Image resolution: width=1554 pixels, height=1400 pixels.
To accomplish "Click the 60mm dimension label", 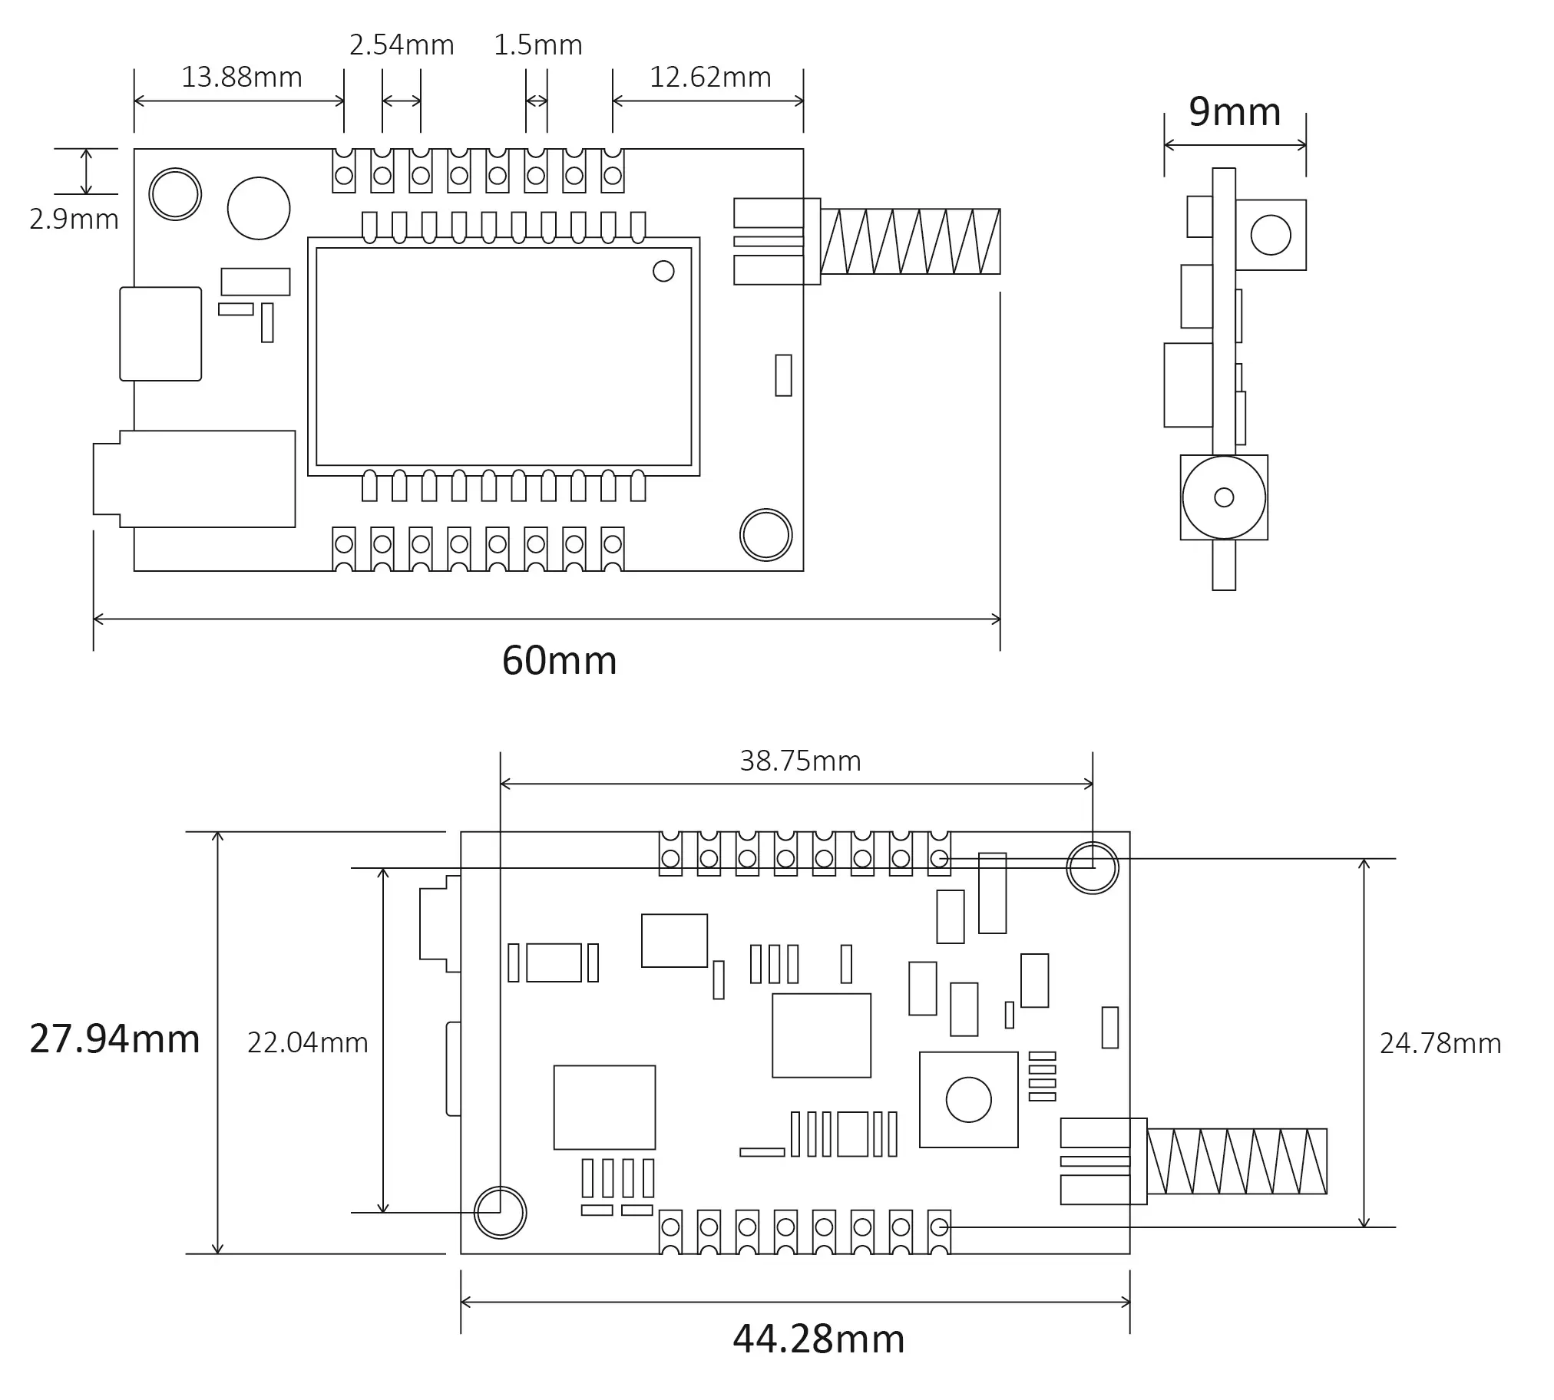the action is click(x=559, y=661).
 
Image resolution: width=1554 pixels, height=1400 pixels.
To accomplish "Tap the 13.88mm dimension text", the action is click(x=242, y=77).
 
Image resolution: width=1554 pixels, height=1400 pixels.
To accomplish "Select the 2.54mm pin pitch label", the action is click(x=402, y=45).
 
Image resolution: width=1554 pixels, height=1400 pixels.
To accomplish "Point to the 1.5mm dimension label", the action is click(x=537, y=45).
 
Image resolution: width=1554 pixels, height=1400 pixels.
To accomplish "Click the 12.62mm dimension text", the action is click(x=710, y=77).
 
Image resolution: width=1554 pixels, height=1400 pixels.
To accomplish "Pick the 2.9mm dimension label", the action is click(x=74, y=220).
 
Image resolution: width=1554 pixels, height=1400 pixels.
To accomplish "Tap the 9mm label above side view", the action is click(x=1235, y=111).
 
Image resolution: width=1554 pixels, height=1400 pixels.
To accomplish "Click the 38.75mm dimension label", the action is click(x=800, y=761).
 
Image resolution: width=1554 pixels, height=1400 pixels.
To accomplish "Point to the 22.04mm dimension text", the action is click(x=308, y=1042).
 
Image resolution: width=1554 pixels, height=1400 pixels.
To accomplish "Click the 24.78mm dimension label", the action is click(x=1440, y=1043).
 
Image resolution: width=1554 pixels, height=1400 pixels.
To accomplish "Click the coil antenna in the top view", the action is click(x=910, y=242).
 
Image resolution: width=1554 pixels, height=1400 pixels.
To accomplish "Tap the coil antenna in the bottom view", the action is click(x=1237, y=1161).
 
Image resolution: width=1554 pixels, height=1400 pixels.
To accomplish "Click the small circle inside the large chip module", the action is click(x=663, y=271).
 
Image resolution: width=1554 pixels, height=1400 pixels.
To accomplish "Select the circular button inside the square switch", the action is click(x=968, y=1100).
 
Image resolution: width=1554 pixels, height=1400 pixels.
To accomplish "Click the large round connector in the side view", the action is click(x=1223, y=497).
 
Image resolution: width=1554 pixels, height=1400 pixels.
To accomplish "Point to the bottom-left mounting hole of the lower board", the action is click(x=500, y=1213).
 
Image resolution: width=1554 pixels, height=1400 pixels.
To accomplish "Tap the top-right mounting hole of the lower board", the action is click(x=1093, y=867).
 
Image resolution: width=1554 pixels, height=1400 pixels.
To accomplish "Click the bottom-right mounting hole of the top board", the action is click(x=765, y=535).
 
